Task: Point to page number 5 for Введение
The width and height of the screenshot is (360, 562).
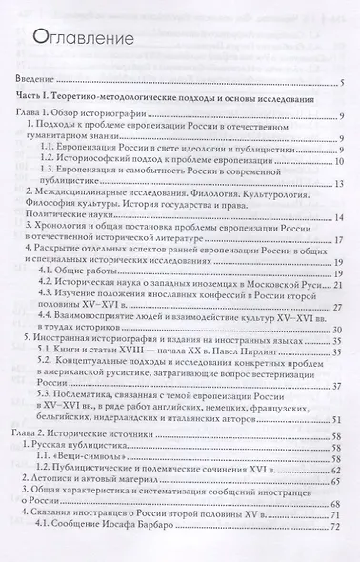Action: pyautogui.click(x=340, y=84)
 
